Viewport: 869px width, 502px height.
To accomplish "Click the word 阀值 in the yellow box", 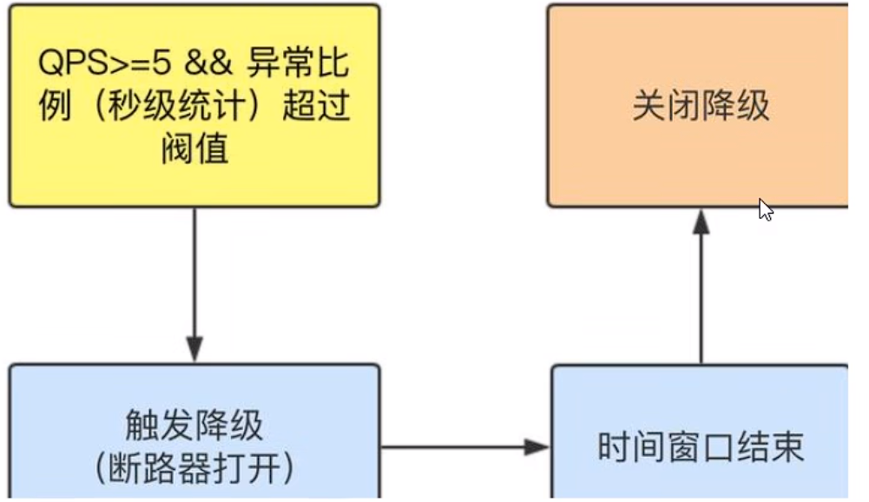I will click(194, 149).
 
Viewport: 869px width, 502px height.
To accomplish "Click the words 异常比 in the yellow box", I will click(299, 64).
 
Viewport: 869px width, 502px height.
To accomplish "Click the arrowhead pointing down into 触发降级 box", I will click(194, 350).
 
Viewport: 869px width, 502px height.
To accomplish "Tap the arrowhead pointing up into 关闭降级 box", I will click(701, 222).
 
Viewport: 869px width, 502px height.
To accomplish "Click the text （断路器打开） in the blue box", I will click(194, 468).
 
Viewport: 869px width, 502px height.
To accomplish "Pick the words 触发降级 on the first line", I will click(194, 427).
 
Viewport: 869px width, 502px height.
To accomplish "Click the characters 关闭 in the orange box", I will click(666, 107).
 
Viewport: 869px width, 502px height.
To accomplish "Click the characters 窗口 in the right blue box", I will click(701, 447).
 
